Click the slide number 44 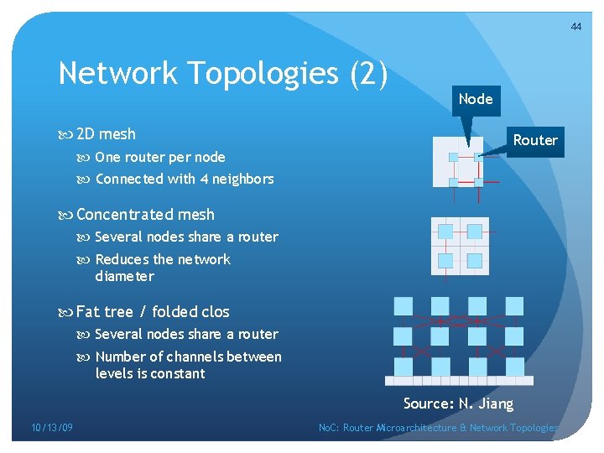(x=575, y=27)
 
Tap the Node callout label (x=476, y=99)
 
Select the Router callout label (x=535, y=140)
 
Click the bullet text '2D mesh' (x=106, y=134)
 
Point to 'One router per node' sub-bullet (x=159, y=157)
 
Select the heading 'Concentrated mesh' (x=145, y=215)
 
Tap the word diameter (x=125, y=276)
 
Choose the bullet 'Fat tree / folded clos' (x=153, y=312)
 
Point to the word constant (x=176, y=373)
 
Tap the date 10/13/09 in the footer (x=52, y=428)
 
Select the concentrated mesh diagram (x=460, y=246)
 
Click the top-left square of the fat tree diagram (x=404, y=306)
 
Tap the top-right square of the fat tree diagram (x=513, y=306)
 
